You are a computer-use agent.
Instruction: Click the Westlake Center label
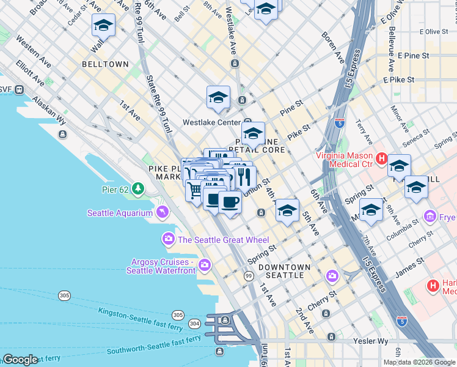pyautogui.click(x=212, y=122)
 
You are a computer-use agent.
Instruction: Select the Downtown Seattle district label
pyautogui.click(x=284, y=271)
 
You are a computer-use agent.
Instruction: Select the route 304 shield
pyautogui.click(x=194, y=323)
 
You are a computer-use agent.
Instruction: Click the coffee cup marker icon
pyautogui.click(x=230, y=201)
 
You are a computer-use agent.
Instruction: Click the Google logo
pyautogui.click(x=20, y=360)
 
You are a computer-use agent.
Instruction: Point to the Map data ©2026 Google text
pyautogui.click(x=419, y=362)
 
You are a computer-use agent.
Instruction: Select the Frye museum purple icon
pyautogui.click(x=430, y=217)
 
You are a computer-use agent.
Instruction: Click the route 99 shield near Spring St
pyautogui.click(x=249, y=277)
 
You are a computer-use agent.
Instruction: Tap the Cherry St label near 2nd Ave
pyautogui.click(x=323, y=295)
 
